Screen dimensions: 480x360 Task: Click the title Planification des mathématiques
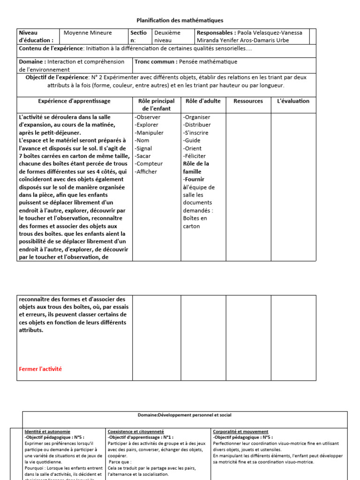(x=180, y=20)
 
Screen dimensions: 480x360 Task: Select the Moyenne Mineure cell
(x=88, y=33)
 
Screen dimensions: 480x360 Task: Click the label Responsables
(x=216, y=33)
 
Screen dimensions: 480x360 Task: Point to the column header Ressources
(x=248, y=101)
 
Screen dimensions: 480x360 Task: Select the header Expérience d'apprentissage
(x=75, y=101)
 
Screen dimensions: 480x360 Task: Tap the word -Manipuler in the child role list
(x=149, y=133)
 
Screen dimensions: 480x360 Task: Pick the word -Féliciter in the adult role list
(x=195, y=156)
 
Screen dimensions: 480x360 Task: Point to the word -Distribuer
(x=197, y=125)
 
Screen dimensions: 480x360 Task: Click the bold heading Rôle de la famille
(x=196, y=167)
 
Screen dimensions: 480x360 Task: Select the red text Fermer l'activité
(x=40, y=369)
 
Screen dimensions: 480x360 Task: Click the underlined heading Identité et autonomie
(x=47, y=431)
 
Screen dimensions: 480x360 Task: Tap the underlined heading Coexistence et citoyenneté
(x=135, y=431)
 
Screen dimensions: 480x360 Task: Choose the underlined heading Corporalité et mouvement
(x=240, y=431)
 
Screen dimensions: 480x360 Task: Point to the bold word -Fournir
(x=194, y=179)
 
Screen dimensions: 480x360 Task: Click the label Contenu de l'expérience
(x=51, y=48)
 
